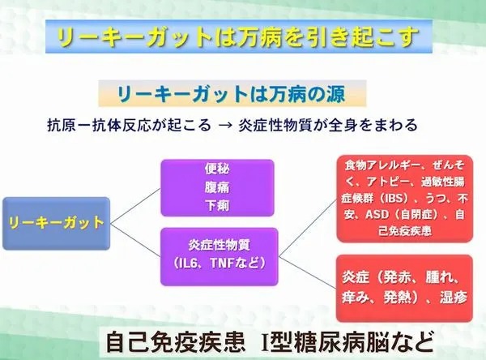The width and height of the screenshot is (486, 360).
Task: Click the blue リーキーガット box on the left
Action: point(57,224)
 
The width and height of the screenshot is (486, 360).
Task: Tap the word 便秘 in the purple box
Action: point(217,169)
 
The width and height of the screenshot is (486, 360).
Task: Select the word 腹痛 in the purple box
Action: point(217,187)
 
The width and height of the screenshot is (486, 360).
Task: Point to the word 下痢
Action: point(217,205)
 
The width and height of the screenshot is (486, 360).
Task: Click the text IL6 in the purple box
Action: point(188,264)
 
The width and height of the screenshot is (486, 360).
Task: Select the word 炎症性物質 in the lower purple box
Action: point(220,245)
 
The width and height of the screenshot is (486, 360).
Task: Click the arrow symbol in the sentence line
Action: point(224,126)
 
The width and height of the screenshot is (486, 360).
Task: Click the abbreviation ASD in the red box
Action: point(377,214)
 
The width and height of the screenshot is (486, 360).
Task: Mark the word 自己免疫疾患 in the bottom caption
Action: point(175,342)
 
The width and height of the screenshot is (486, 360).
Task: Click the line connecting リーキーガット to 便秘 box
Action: point(136,206)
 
